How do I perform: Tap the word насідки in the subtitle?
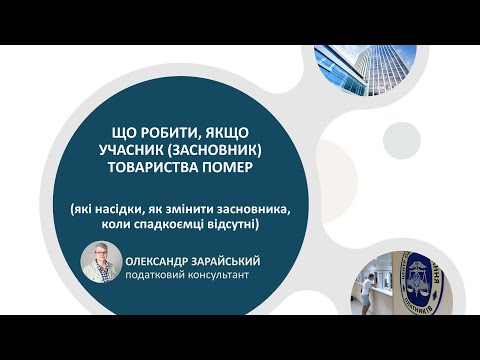(x=122, y=209)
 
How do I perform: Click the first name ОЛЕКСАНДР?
(x=160, y=259)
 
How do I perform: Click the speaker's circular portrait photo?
(x=101, y=266)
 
